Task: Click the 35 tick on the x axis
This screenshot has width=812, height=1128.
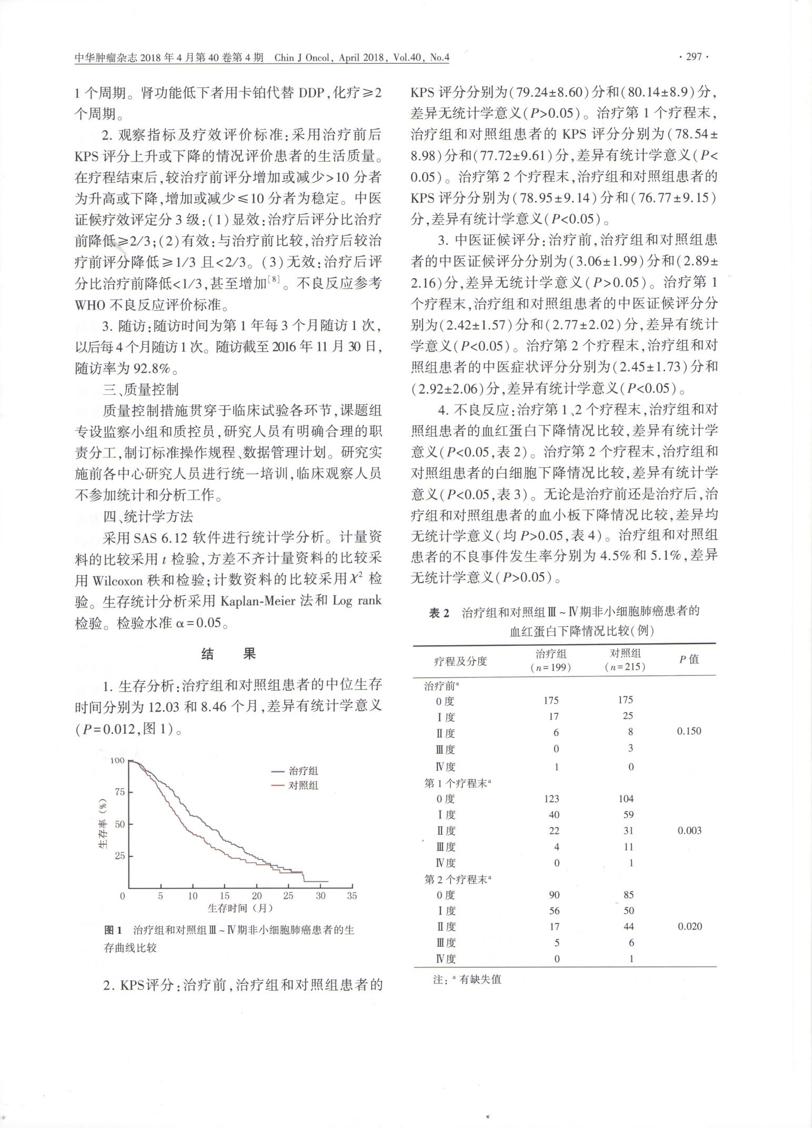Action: click(352, 896)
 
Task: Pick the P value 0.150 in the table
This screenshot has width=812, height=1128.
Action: click(689, 731)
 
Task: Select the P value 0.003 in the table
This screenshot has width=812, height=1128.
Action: click(689, 831)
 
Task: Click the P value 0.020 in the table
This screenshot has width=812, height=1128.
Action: click(689, 926)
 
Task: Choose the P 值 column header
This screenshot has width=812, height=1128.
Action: click(689, 659)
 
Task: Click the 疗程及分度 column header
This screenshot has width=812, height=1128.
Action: click(460, 661)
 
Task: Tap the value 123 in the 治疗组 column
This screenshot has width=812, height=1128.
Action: click(552, 799)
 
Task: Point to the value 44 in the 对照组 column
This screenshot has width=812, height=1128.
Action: click(628, 926)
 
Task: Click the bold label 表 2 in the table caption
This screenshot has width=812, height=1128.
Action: click(439, 612)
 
